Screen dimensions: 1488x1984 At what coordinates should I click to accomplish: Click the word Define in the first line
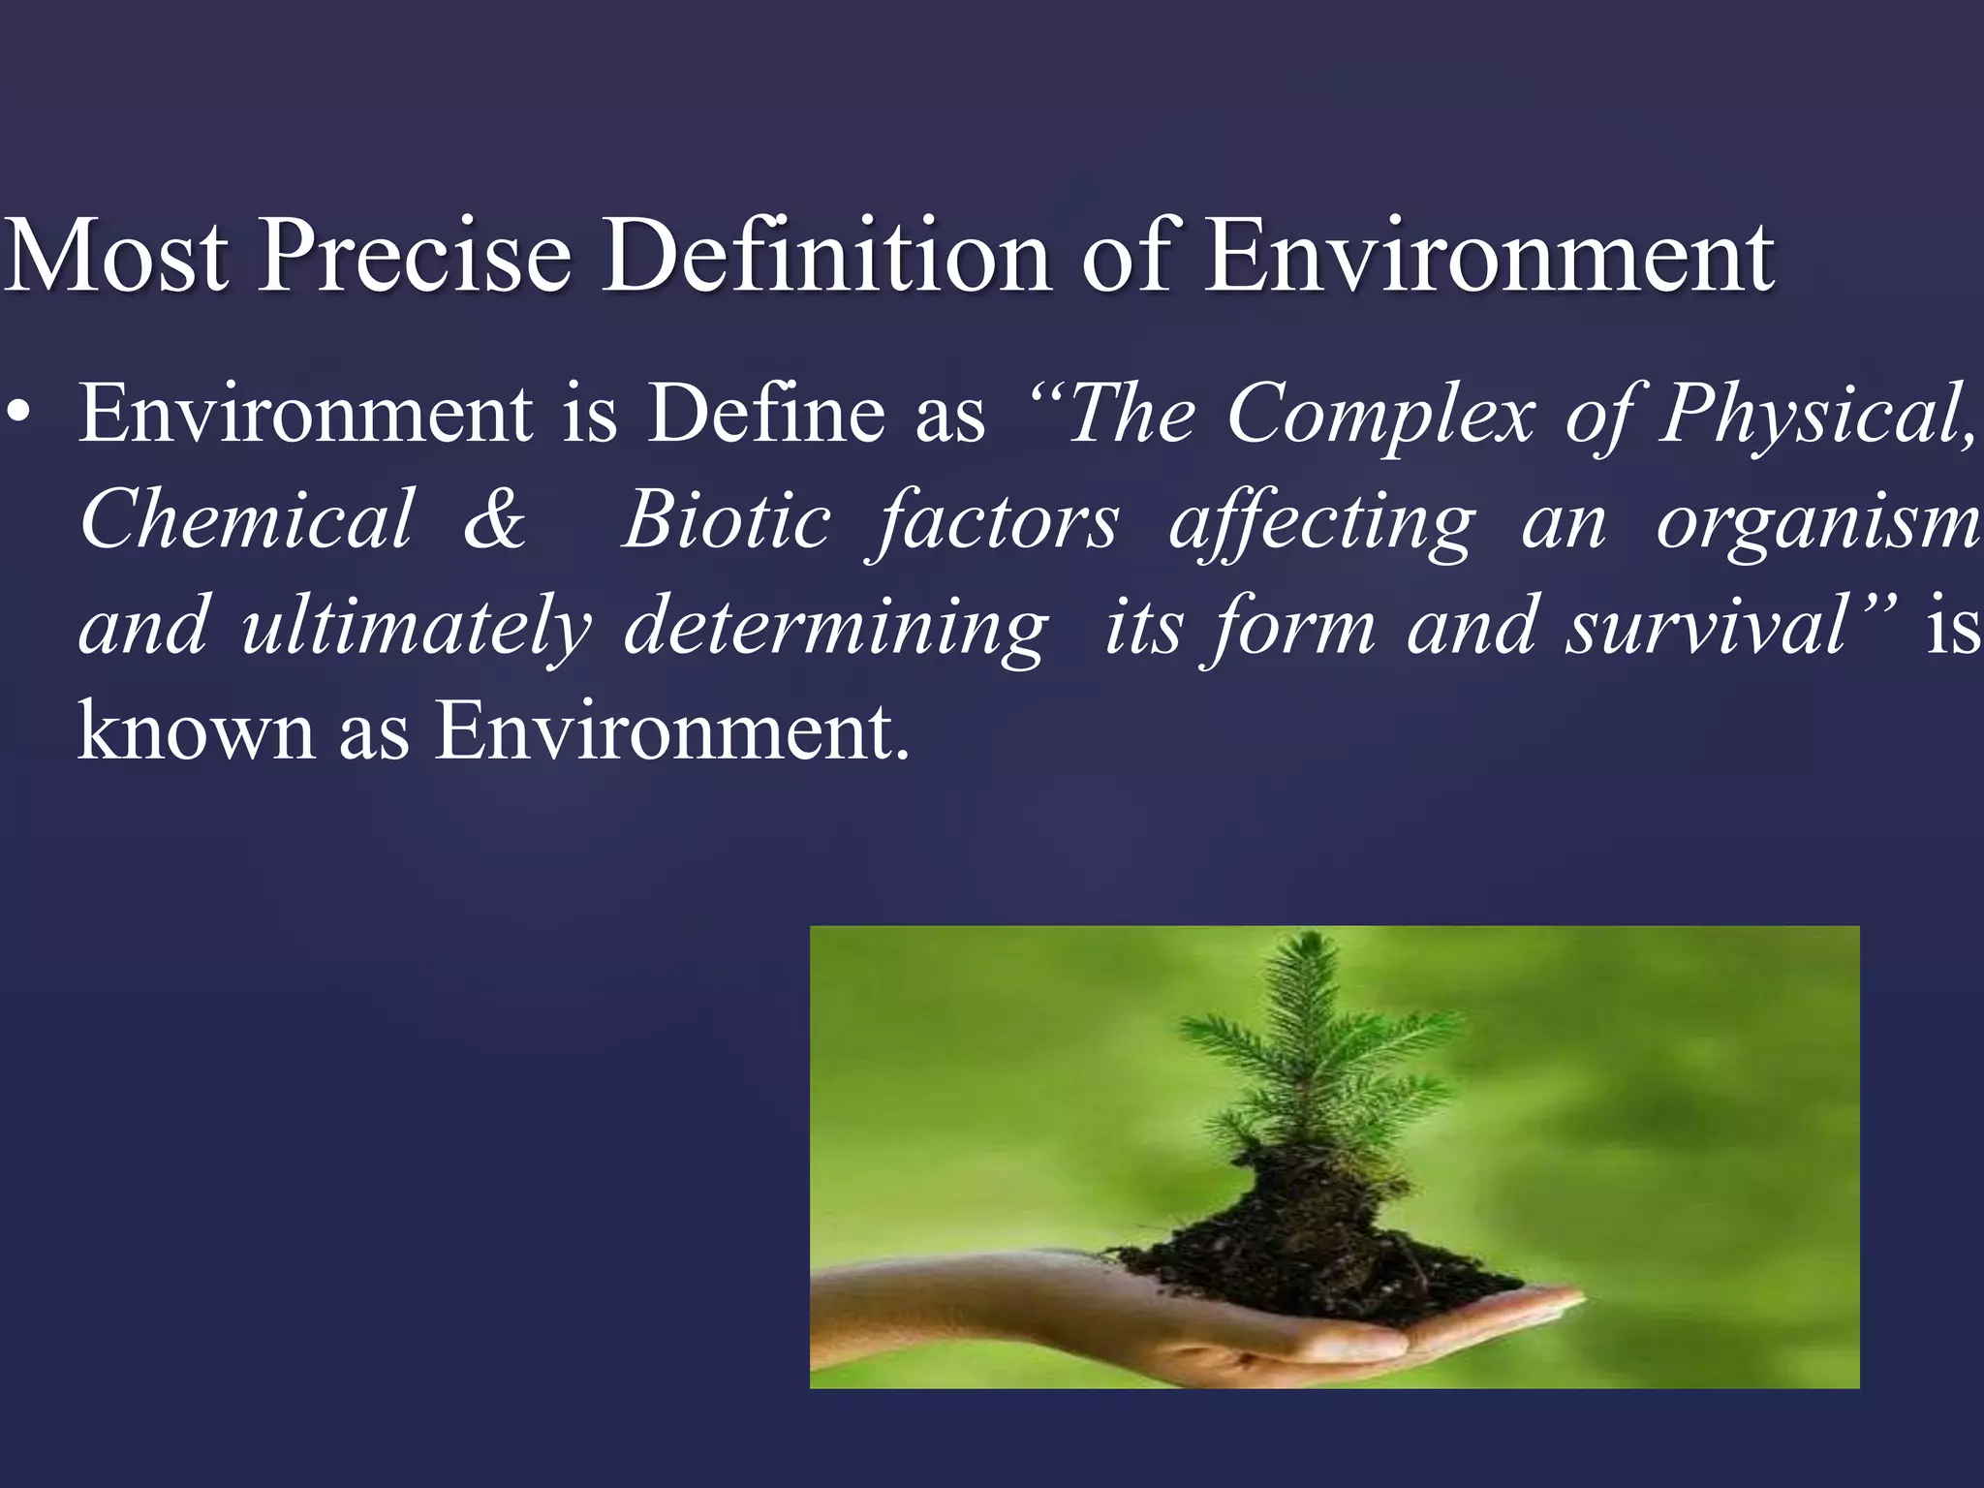click(764, 415)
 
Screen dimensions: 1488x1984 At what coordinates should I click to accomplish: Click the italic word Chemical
click(246, 520)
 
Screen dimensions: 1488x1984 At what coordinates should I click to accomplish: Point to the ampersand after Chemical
click(494, 520)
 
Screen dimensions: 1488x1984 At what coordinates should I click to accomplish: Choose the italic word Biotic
click(726, 520)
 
